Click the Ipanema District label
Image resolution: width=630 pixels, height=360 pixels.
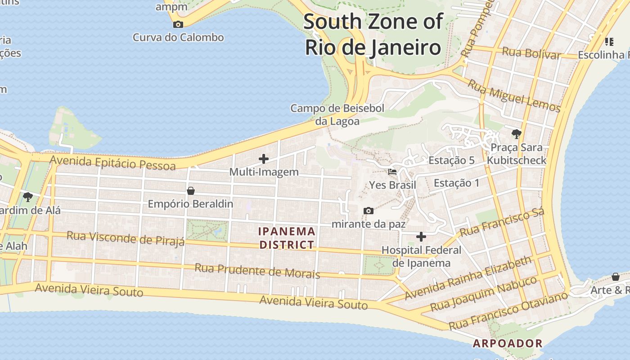point(287,238)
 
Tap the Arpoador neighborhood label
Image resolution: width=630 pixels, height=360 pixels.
point(507,343)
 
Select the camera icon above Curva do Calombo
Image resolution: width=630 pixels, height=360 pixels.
point(178,24)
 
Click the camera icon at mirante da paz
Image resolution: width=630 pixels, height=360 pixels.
point(368,211)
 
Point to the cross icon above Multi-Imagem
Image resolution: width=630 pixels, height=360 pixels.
point(264,158)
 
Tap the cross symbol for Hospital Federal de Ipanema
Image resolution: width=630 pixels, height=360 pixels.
point(421,236)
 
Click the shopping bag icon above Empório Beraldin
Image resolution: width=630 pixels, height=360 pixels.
point(191,191)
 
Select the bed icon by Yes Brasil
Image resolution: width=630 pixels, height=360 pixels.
point(392,171)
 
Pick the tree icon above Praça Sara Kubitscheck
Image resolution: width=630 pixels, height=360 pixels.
point(516,134)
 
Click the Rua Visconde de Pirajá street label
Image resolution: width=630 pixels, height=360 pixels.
point(126,238)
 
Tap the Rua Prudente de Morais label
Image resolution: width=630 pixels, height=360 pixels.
point(257,271)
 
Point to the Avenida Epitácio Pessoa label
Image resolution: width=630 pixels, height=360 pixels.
point(112,162)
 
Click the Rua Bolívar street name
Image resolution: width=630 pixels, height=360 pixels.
point(531,53)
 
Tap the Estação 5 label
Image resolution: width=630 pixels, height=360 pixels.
point(451,160)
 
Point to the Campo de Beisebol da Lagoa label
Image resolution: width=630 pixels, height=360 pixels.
point(337,115)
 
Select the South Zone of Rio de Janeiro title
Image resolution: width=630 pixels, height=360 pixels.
point(373,34)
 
